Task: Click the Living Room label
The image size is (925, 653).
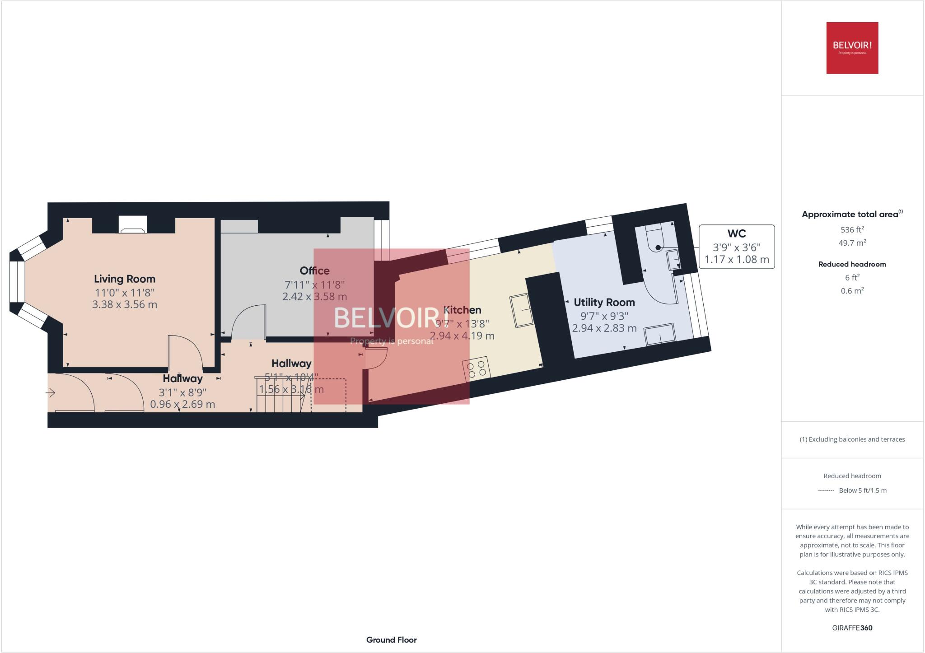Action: (x=124, y=279)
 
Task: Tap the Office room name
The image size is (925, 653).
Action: (x=314, y=271)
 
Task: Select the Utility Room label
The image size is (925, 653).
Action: (x=604, y=303)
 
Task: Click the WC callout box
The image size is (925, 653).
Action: (x=736, y=247)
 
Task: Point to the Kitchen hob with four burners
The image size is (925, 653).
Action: (x=477, y=369)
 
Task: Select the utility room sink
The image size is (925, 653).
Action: (x=659, y=335)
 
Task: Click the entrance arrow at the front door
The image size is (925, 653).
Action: (x=50, y=393)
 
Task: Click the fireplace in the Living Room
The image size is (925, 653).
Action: (x=133, y=224)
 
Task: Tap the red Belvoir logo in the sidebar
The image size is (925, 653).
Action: (x=852, y=48)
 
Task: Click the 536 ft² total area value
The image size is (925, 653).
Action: (x=852, y=229)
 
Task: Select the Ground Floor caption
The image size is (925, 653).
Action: (x=391, y=640)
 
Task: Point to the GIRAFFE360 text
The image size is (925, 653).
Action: (x=852, y=628)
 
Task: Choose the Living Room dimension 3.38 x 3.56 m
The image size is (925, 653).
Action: (x=125, y=304)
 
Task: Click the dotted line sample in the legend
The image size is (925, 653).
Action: (x=826, y=490)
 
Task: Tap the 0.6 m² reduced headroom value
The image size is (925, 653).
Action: (x=852, y=291)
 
